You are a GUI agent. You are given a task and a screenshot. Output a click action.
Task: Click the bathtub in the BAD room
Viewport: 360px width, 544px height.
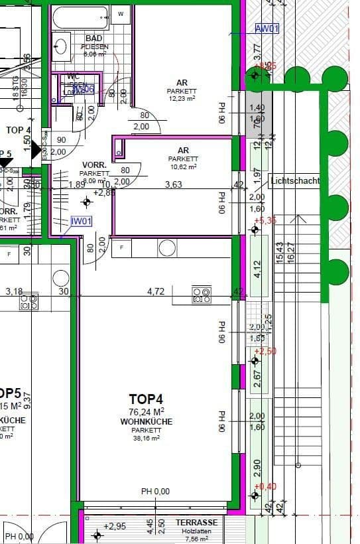point(82,17)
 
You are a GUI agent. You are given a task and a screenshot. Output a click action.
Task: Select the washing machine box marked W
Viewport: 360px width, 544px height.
point(121,13)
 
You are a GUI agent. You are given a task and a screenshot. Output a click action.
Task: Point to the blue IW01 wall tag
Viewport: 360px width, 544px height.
point(82,222)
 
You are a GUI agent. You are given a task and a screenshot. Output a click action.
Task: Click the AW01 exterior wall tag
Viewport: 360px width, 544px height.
point(267,29)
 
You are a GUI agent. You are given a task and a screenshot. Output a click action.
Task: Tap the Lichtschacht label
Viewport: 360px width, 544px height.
point(295,180)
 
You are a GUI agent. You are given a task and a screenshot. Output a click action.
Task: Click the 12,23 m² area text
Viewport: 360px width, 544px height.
point(182,98)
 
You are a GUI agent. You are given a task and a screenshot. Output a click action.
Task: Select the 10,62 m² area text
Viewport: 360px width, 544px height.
point(184,167)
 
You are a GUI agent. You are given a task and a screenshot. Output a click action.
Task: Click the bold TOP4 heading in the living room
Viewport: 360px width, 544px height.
point(146,399)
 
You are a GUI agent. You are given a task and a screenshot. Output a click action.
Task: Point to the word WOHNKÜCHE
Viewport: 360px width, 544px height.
point(146,422)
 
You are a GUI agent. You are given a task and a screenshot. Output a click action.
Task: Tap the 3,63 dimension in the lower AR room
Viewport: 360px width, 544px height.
point(174,185)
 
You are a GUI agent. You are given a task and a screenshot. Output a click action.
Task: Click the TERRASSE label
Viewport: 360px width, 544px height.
point(197,522)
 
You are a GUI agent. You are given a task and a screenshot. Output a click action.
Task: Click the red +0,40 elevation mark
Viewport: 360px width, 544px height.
point(267,487)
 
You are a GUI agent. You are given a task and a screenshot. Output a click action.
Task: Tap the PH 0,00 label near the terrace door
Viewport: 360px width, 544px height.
point(155,492)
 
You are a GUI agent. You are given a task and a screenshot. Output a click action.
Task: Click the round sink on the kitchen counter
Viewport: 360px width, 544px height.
point(167,248)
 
